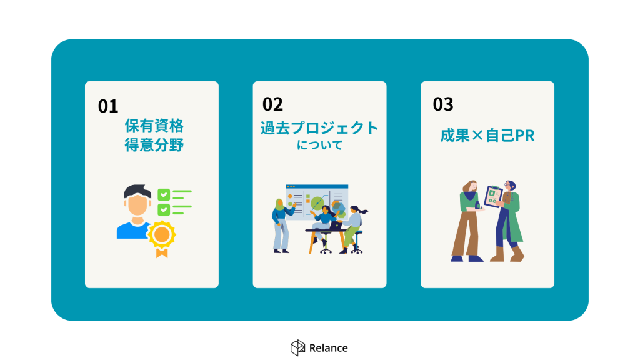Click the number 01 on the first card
coord(108,106)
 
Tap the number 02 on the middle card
coord(272,104)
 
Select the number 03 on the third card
coord(443,104)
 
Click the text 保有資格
coord(154,126)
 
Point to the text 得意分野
coord(154,145)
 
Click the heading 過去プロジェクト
coord(319,127)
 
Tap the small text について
coord(319,145)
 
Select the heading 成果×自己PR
coord(487,136)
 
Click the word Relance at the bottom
coord(329,348)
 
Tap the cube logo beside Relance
coord(297,347)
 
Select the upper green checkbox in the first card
coord(164,195)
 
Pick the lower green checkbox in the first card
coord(164,210)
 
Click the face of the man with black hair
coord(137,204)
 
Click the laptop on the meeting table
coord(336,225)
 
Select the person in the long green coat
coord(507,221)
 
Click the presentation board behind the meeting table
coord(317,202)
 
